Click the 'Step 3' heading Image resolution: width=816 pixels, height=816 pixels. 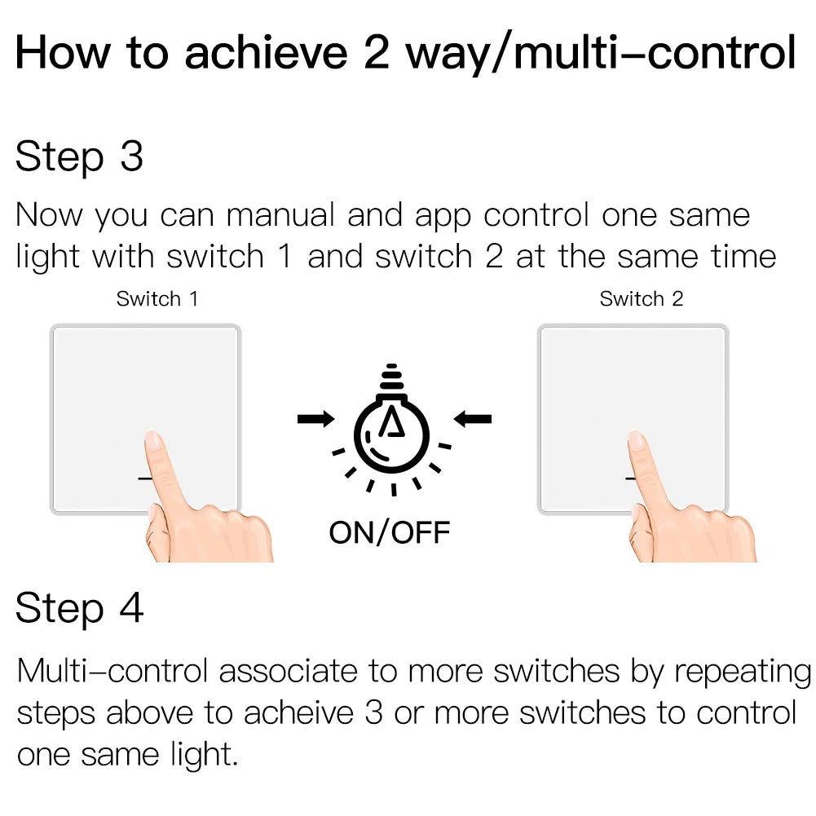pos(79,157)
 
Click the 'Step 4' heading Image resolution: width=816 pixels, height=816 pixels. pos(79,608)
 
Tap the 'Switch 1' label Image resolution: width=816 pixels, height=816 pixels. pos(157,299)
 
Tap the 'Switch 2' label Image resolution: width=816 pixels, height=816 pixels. pos(642,299)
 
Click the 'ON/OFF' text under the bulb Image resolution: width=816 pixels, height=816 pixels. pos(390,533)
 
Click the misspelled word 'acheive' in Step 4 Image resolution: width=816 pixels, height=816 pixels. pos(298,712)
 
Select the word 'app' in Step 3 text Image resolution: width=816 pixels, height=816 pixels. pos(443,216)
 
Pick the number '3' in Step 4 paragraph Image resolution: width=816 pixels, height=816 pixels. pos(373,712)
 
